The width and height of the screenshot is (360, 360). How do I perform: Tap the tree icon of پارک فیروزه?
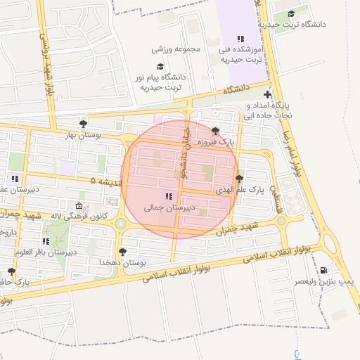click(215, 131)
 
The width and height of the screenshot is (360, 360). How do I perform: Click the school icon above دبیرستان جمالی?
click(168, 196)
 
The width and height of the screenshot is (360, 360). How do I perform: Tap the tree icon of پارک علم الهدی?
click(240, 179)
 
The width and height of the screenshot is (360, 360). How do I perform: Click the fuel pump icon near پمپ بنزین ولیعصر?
click(323, 270)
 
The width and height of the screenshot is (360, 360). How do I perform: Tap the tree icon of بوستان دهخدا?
click(123, 250)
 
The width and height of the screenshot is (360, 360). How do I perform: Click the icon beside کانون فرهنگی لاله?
click(78, 206)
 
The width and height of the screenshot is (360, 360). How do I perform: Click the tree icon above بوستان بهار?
click(84, 122)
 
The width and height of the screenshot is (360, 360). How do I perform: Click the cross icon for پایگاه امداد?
click(267, 94)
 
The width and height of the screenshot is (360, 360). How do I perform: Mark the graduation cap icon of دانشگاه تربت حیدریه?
click(291, 13)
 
